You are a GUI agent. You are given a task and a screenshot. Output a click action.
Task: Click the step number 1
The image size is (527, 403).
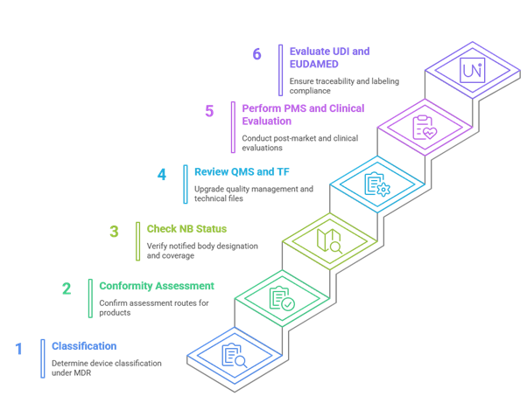19,349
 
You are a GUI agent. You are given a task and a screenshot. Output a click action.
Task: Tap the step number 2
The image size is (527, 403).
67,288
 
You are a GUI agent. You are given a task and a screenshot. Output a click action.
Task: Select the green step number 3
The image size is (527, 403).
114,232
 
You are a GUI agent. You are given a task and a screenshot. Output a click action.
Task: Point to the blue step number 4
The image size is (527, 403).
162,175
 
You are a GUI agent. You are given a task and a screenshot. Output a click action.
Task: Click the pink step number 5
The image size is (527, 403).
209,111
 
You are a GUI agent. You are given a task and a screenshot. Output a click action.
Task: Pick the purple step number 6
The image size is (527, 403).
256,54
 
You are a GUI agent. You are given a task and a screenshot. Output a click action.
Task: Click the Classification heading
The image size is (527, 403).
84,346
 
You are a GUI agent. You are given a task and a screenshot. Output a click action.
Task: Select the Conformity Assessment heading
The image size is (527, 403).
157,286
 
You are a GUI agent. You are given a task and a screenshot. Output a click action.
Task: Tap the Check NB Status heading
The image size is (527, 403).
186,229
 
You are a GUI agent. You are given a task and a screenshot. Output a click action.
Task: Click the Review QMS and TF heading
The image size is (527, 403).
242,172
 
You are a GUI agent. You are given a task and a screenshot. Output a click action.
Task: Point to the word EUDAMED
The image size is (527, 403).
314,64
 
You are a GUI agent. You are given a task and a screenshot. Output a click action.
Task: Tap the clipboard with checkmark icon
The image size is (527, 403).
282,298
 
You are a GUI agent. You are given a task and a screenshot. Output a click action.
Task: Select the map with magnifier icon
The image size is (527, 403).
330,240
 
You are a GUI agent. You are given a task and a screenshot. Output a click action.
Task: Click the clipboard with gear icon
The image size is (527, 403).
377,184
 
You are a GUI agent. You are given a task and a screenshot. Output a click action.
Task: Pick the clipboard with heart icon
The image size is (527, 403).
425,127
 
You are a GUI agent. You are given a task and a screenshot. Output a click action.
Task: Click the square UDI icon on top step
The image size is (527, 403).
472,70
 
